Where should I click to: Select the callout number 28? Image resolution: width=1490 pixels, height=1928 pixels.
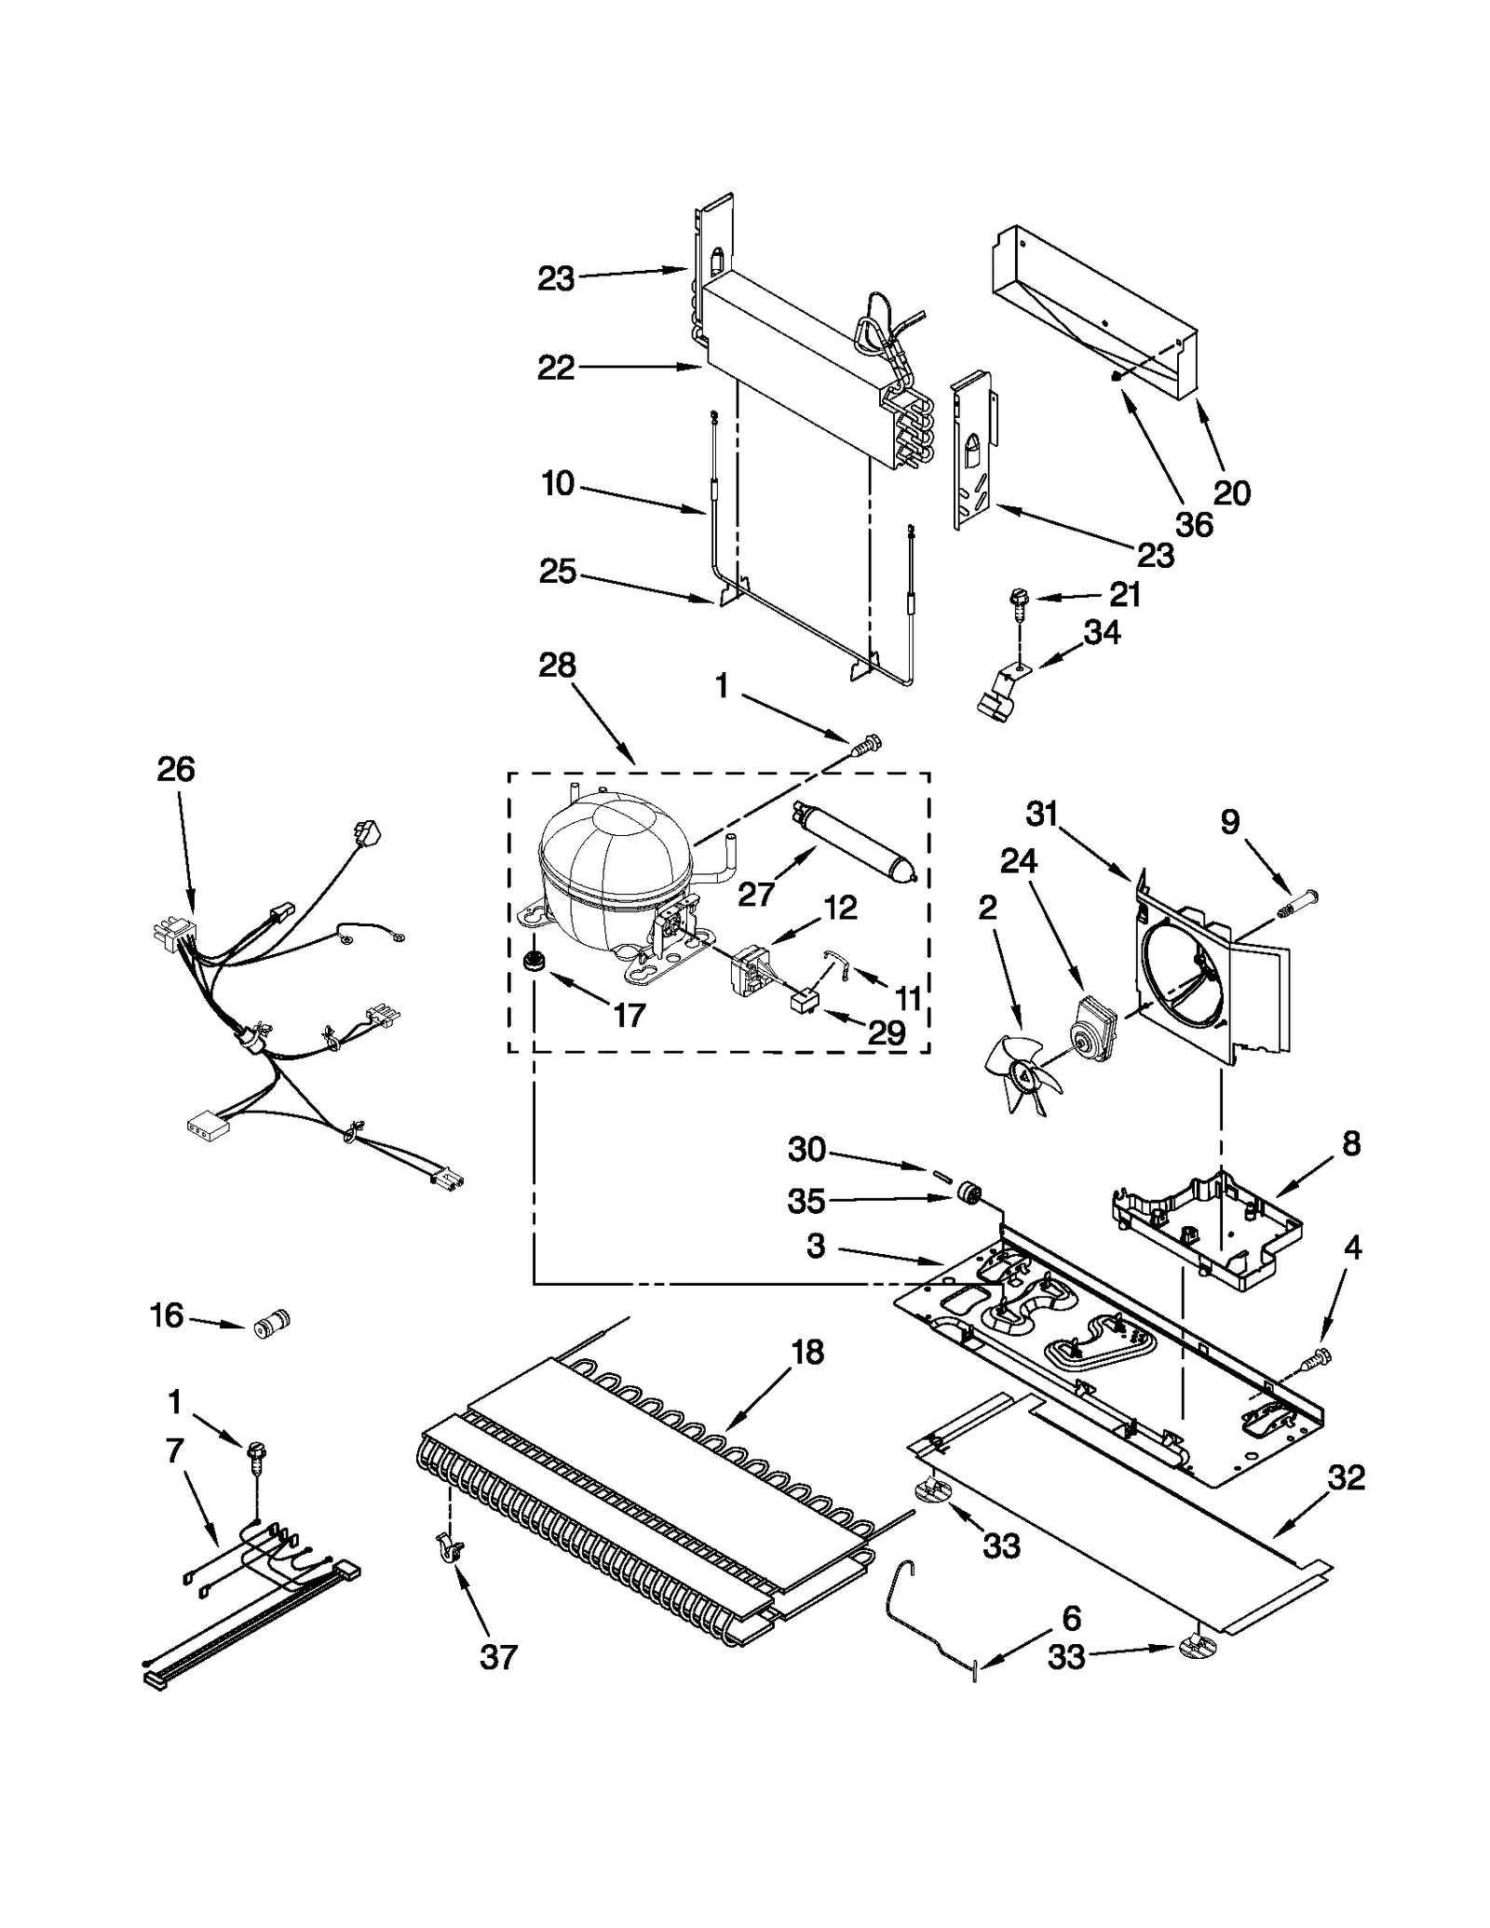point(557,665)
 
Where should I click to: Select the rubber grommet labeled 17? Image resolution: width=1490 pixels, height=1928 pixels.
point(535,962)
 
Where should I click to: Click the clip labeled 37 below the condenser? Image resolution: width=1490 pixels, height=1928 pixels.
point(449,1549)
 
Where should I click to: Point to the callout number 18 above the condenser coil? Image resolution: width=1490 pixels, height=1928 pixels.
point(807,1352)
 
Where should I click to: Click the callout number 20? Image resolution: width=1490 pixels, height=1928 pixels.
point(1232,493)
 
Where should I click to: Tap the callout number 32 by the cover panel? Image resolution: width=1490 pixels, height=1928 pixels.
point(1346,1477)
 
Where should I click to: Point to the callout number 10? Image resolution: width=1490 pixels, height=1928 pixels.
point(558,484)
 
